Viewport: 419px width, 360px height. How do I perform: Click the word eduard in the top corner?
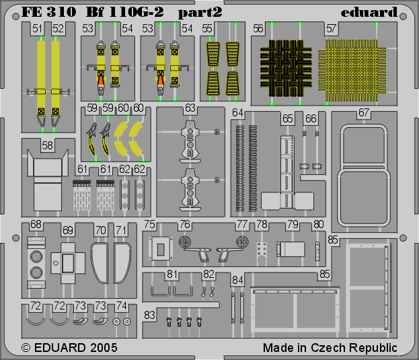369,13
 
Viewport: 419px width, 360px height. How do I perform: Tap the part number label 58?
47,145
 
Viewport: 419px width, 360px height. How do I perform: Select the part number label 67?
364,113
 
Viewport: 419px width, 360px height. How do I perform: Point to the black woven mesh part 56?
286,68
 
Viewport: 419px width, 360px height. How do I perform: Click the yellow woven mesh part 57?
352,70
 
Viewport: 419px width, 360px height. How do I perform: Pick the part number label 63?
190,108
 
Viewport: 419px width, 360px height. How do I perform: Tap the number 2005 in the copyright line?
104,348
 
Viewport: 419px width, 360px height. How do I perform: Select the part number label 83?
149,315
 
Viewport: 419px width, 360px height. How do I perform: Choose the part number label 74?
122,306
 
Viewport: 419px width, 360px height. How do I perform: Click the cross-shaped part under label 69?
68,263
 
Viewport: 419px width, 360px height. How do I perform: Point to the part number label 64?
237,113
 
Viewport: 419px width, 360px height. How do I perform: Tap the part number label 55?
207,28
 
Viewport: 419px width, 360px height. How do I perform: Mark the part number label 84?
237,280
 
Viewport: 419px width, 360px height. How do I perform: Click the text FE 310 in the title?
49,12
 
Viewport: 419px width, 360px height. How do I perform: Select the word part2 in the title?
200,13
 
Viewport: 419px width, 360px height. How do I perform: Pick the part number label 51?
37,28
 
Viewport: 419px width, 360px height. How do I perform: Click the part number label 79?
293,225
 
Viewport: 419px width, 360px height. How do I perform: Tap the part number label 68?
36,225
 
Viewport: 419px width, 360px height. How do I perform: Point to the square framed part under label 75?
160,248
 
